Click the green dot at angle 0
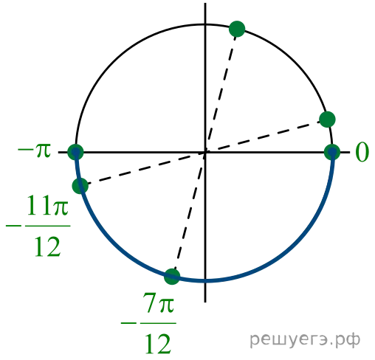click(332, 152)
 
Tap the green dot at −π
click(75, 152)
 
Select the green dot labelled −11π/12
click(80, 186)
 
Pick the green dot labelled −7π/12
click(172, 277)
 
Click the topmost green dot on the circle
click(237, 29)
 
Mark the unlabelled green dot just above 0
click(327, 120)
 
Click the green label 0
click(362, 152)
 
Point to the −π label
click(34, 150)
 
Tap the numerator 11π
click(47, 205)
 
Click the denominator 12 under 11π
click(47, 246)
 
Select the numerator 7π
click(159, 303)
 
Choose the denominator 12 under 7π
click(158, 344)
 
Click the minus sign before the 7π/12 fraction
click(128, 323)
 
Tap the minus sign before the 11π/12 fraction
click(14, 225)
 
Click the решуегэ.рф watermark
click(305, 340)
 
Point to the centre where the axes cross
click(205, 153)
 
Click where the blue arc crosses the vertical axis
click(205, 280)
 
